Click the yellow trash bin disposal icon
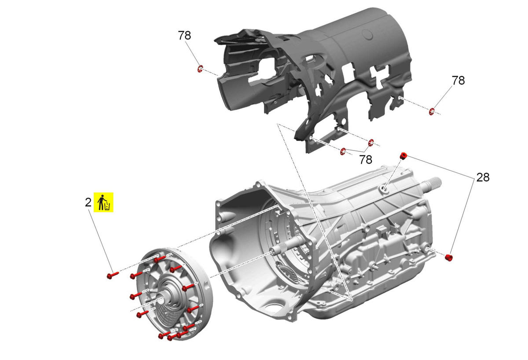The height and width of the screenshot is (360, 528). [103, 202]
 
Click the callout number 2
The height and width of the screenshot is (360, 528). [88, 202]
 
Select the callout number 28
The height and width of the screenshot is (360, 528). [483, 177]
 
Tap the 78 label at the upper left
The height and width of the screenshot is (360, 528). [184, 36]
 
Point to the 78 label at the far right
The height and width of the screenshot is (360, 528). [458, 81]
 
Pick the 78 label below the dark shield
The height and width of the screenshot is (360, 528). [366, 160]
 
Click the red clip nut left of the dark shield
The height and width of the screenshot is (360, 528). [200, 69]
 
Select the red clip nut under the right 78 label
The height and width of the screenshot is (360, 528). [432, 111]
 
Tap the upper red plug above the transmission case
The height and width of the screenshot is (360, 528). [403, 156]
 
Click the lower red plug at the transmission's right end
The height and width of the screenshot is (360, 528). [449, 258]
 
